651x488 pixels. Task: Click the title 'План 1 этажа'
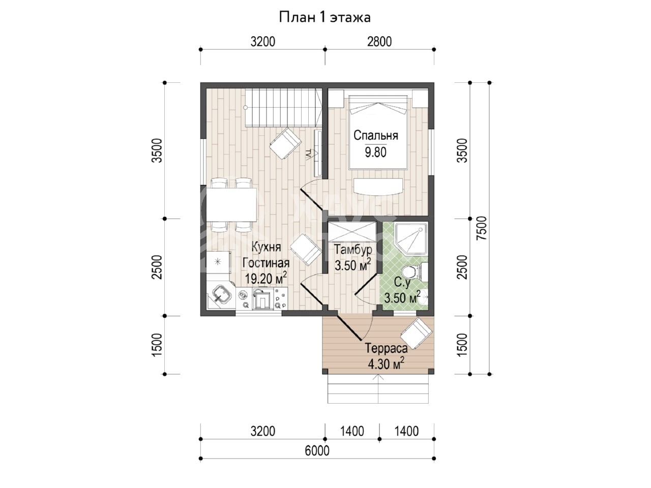(324, 18)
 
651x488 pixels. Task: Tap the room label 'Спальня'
(375, 135)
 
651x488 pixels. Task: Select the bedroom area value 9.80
(375, 152)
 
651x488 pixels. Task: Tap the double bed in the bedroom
(378, 132)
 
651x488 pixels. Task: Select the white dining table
(231, 204)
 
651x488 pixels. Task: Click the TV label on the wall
(308, 154)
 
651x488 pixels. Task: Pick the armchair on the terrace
(416, 333)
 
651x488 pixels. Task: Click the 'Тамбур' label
(353, 250)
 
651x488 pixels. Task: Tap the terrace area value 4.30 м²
(386, 364)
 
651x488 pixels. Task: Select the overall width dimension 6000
(317, 451)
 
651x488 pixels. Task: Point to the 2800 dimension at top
(379, 42)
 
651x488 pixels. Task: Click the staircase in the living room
(283, 108)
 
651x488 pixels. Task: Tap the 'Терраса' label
(386, 348)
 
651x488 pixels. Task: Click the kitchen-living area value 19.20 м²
(265, 278)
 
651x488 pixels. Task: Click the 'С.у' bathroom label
(402, 282)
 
